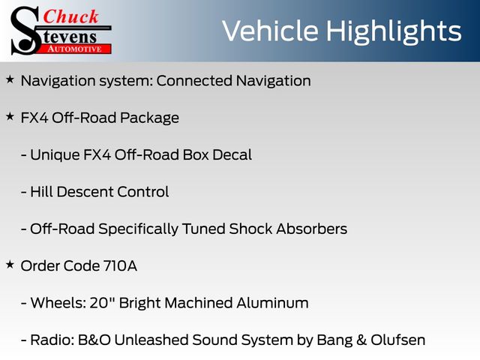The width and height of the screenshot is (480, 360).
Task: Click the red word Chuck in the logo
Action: [x=71, y=16]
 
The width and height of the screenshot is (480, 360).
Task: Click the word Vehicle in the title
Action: [x=270, y=31]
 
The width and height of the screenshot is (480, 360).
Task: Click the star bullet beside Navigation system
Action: [x=10, y=79]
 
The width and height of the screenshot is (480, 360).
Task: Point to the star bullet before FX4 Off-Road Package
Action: [x=10, y=117]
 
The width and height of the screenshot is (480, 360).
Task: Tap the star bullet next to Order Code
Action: [x=10, y=265]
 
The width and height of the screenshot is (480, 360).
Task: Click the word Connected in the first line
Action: [x=194, y=81]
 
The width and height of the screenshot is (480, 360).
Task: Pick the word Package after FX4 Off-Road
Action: [x=149, y=118]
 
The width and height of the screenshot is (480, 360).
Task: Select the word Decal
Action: [x=232, y=154]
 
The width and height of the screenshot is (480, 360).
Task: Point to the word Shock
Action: [x=250, y=229]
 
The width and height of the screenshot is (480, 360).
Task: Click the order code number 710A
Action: [x=120, y=265]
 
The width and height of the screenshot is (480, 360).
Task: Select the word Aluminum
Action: [x=272, y=303]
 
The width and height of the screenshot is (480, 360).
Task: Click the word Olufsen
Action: [x=398, y=340]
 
